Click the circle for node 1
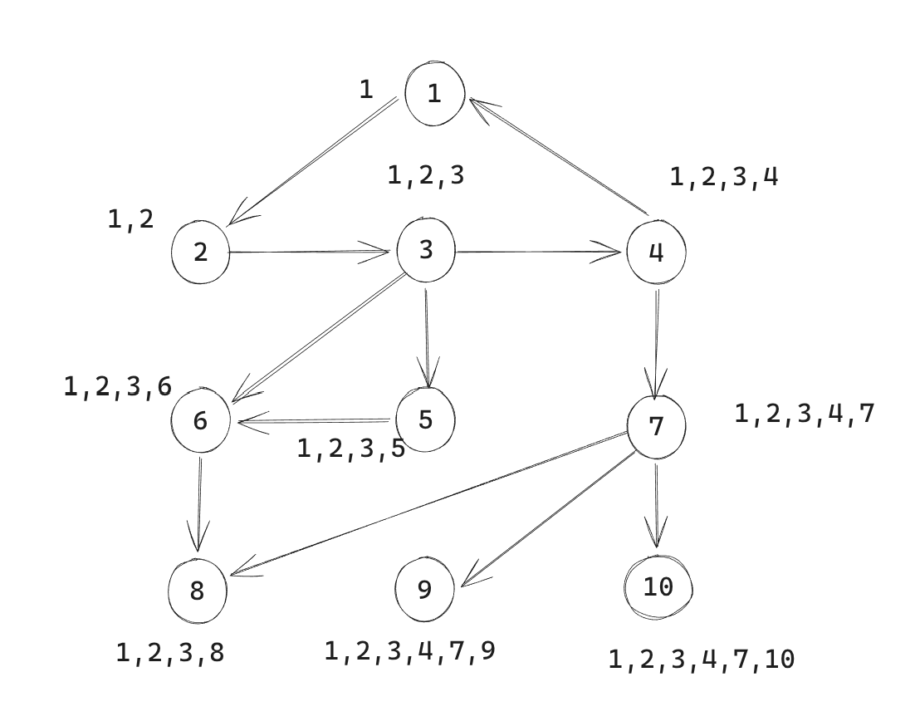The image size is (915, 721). [435, 93]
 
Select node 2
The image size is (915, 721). [200, 253]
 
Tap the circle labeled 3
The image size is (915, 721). [426, 251]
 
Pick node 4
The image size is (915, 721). [657, 253]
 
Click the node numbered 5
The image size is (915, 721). [425, 419]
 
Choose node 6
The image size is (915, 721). [200, 420]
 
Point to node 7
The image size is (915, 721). [657, 426]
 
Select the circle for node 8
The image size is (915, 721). [198, 591]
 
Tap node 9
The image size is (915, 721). [425, 589]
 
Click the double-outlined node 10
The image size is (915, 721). [658, 587]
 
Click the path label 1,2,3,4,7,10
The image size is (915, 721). [702, 660]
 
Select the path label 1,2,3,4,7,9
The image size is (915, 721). [409, 651]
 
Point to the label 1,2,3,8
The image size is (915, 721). [170, 653]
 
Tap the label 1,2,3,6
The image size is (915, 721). [117, 386]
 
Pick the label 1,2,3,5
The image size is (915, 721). [350, 449]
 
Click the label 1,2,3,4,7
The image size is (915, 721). [804, 414]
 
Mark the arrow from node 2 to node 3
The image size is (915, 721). [309, 253]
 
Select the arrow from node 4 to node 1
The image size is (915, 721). [559, 156]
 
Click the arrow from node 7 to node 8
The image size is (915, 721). [429, 504]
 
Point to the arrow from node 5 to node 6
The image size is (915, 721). [314, 421]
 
